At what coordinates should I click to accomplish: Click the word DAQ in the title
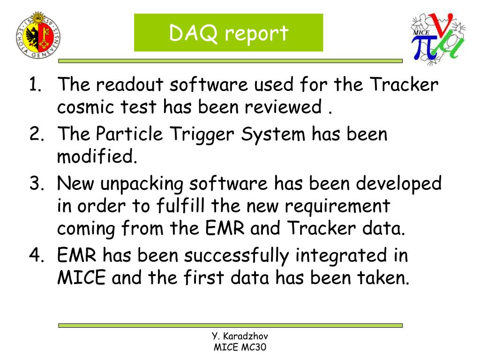pos(193,33)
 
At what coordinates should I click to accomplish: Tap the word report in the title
pos(257,34)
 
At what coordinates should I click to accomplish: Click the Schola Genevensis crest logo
pos(38,35)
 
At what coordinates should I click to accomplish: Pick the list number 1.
pos(35,84)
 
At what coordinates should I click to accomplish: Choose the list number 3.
pos(37,183)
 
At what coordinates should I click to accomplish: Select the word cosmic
pos(86,107)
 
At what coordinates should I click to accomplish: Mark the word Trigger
pos(202,135)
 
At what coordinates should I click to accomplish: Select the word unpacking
pos(142,184)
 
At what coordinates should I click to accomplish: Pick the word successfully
pos(236,256)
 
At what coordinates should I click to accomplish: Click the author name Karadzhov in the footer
pos(246,336)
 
